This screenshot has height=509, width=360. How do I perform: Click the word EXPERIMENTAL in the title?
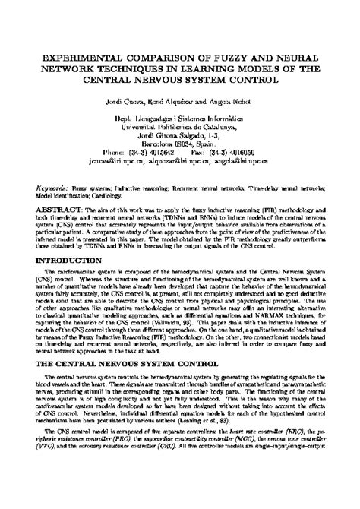point(75,56)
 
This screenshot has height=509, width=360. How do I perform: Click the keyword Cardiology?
point(117,193)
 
